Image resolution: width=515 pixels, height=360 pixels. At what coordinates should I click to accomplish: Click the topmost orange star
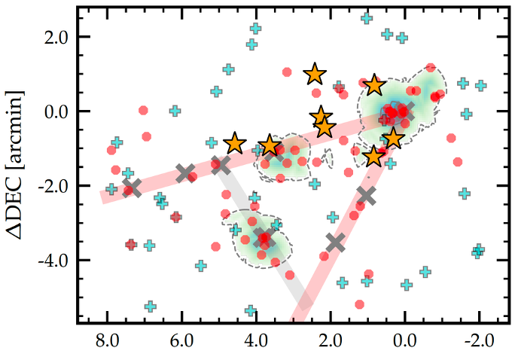pyautogui.click(x=315, y=74)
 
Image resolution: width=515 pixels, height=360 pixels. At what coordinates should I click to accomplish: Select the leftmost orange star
pyautogui.click(x=236, y=143)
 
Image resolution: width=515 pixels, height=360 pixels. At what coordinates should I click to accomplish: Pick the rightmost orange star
pyautogui.click(x=393, y=139)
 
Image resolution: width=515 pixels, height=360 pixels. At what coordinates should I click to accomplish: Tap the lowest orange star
pyautogui.click(x=373, y=156)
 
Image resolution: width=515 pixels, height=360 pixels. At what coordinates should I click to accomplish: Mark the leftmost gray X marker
pyautogui.click(x=132, y=188)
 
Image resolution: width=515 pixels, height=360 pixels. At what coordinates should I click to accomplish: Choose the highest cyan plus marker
pyautogui.click(x=367, y=18)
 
